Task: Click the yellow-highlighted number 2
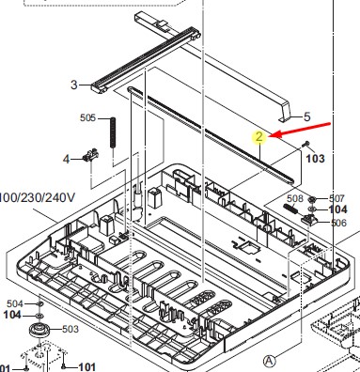pos(259,137)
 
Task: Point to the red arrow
pos(300,131)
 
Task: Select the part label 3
pos(74,85)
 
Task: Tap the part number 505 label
pos(87,118)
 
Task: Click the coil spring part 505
pos(113,132)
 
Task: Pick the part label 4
pos(66,160)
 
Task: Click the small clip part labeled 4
pos(90,155)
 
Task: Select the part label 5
pos(307,117)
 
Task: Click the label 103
pos(315,159)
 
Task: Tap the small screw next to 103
pos(305,144)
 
